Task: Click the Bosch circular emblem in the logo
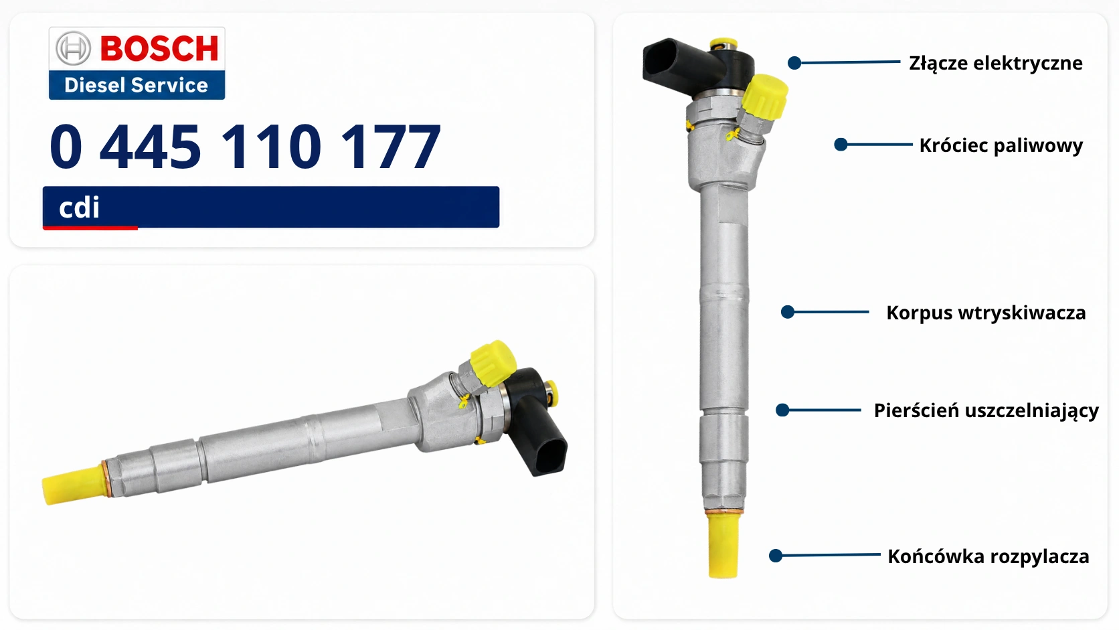pyautogui.click(x=73, y=48)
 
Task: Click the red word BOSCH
pyautogui.click(x=159, y=48)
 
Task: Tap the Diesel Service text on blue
pyautogui.click(x=136, y=85)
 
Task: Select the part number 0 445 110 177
pyautogui.click(x=245, y=147)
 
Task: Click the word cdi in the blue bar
pyautogui.click(x=79, y=208)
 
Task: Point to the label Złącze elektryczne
pyautogui.click(x=996, y=64)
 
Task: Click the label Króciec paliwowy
pyautogui.click(x=1001, y=145)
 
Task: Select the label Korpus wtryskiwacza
pyautogui.click(x=986, y=313)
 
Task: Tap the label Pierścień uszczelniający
pyautogui.click(x=986, y=410)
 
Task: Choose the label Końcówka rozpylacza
pyautogui.click(x=988, y=556)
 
